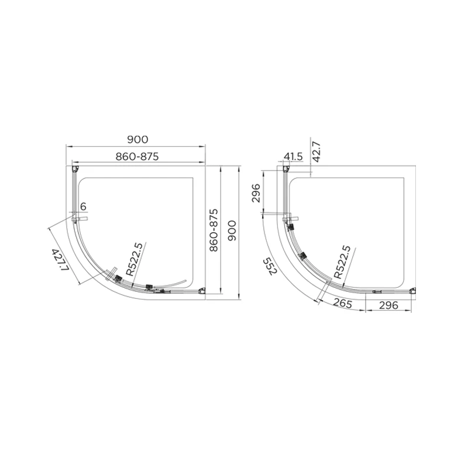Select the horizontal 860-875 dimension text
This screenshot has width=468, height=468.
point(137,156)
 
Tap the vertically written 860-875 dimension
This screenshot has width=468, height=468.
point(214,230)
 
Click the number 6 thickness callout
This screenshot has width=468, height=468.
point(83,207)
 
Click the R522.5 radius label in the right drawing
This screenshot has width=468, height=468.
point(342,261)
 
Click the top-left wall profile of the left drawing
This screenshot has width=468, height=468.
point(74,169)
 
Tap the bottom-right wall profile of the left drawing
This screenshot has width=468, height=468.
point(202,291)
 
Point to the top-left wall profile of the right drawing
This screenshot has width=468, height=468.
point(286,169)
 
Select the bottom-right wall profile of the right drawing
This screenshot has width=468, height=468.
point(414,291)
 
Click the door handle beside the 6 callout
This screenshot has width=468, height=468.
point(80,219)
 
